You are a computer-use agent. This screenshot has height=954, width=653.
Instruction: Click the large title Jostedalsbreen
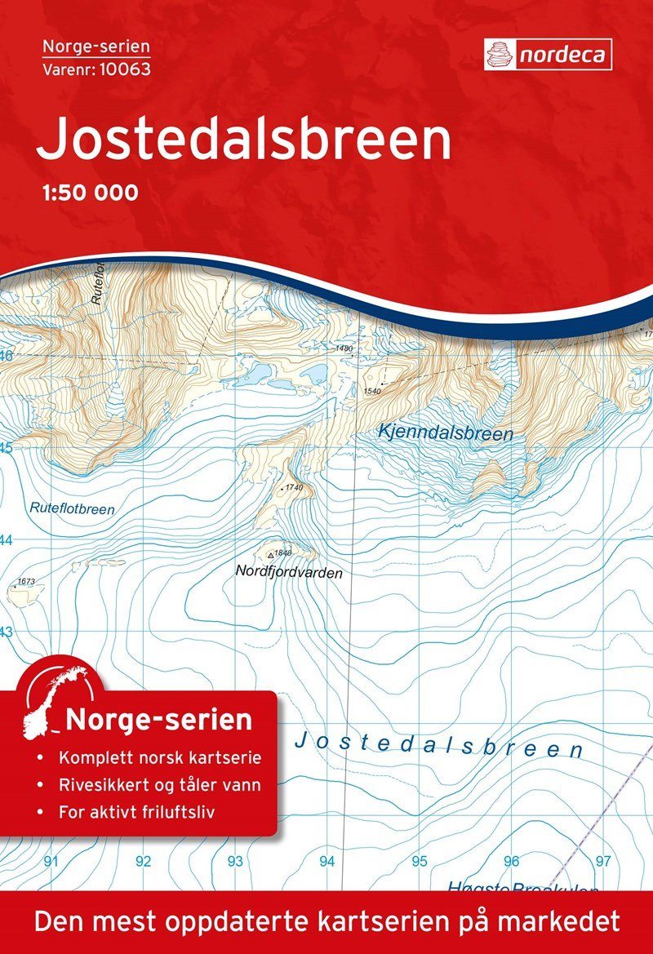pyautogui.click(x=243, y=140)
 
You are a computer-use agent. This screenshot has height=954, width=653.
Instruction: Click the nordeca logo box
pyautogui.click(x=548, y=54)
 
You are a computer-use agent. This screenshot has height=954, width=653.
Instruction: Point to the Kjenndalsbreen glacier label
pyautogui.click(x=446, y=433)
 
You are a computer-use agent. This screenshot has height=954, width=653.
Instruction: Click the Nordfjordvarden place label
pyautogui.click(x=288, y=573)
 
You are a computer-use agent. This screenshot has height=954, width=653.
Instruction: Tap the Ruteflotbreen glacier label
pyautogui.click(x=72, y=508)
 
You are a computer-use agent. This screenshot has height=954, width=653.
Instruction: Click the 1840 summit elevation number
pyautogui.click(x=284, y=553)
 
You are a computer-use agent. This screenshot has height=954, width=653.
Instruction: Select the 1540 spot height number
pyautogui.click(x=373, y=392)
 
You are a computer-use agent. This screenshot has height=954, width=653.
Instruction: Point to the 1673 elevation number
pyautogui.click(x=26, y=582)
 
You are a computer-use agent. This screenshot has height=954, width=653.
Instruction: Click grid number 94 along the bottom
pyautogui.click(x=327, y=861)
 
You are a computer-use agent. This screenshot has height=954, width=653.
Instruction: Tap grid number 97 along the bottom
pyautogui.click(x=603, y=861)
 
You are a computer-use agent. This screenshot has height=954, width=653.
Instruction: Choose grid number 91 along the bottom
pyautogui.click(x=52, y=861)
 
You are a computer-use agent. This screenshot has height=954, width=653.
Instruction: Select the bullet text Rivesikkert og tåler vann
pyautogui.click(x=160, y=786)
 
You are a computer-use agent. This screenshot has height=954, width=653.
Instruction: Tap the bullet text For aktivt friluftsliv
pyautogui.click(x=146, y=814)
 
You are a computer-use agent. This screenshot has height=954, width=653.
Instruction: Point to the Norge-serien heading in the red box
pyautogui.click(x=158, y=721)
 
